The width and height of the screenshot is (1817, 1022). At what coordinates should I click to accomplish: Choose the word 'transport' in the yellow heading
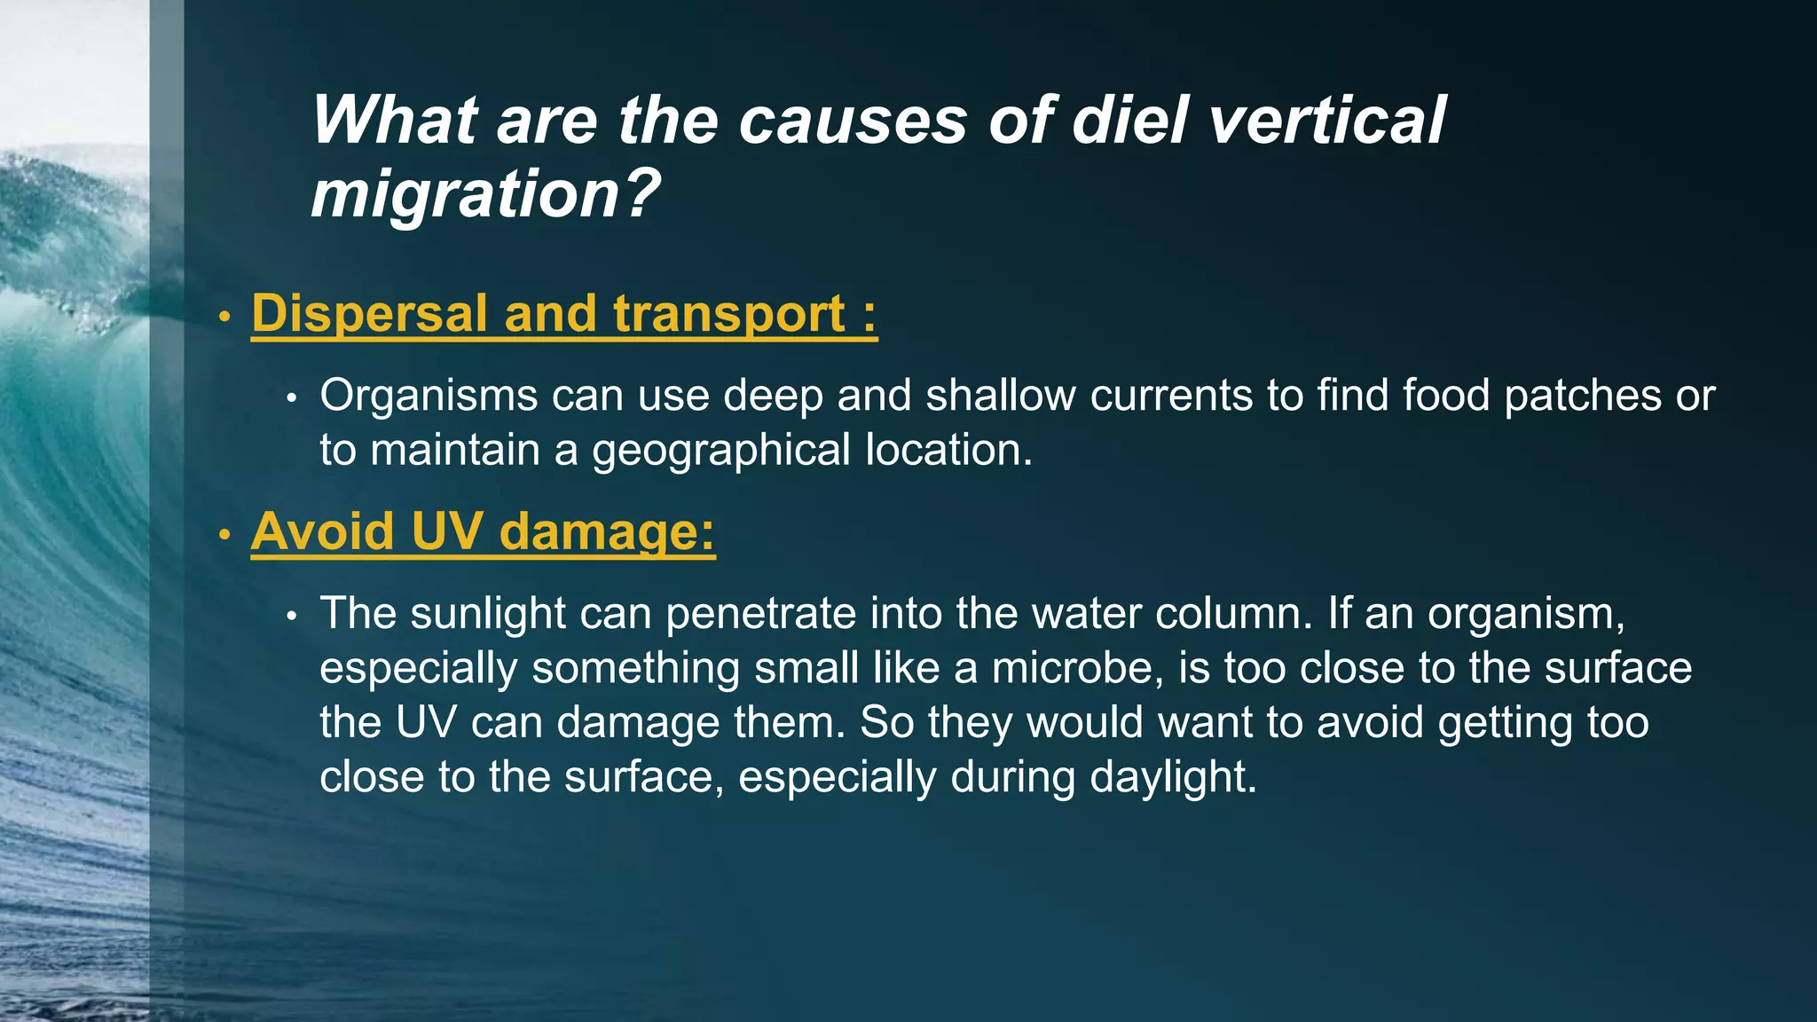pos(729,315)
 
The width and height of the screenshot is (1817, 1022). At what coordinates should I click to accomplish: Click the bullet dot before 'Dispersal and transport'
pos(225,317)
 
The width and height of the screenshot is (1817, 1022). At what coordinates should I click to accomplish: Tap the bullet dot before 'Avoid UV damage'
pos(225,534)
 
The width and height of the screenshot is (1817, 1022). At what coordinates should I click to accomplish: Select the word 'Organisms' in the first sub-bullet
pos(429,396)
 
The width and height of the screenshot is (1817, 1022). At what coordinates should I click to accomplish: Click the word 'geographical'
pos(721,451)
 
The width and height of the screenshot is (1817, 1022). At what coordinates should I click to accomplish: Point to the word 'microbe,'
pos(1077,668)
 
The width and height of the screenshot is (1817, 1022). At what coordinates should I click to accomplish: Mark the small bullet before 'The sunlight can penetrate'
pos(291,616)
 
